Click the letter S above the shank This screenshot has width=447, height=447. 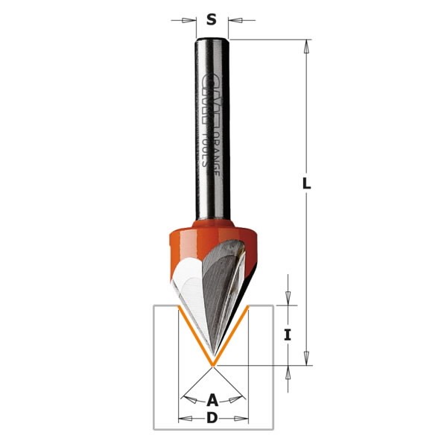[212, 20]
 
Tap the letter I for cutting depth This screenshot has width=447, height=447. [287, 335]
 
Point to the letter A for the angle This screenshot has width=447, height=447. [212, 399]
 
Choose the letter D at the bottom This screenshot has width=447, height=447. [212, 418]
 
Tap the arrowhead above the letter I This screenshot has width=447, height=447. [287, 299]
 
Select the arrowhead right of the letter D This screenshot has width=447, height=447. [241, 418]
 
